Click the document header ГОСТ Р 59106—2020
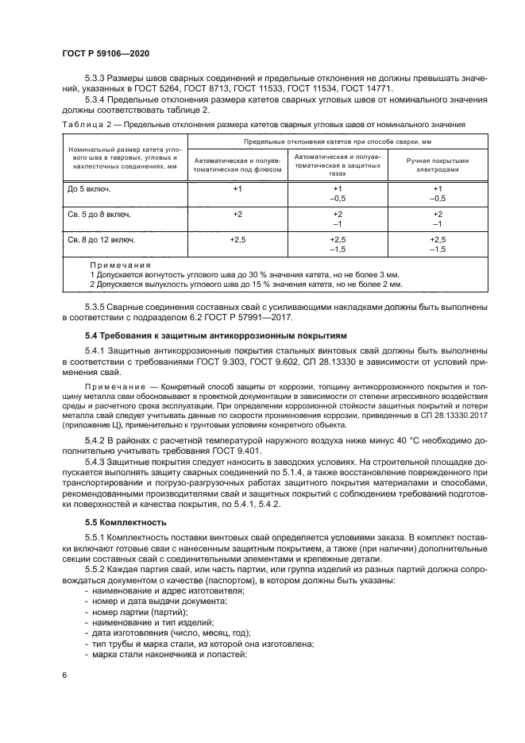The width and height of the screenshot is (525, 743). [x=106, y=52]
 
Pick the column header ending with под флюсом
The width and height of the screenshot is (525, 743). [x=237, y=164]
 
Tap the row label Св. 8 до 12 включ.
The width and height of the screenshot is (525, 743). [x=101, y=238]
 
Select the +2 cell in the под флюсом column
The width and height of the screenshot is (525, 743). [x=237, y=215]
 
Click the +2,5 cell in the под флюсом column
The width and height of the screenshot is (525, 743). [x=237, y=238]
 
